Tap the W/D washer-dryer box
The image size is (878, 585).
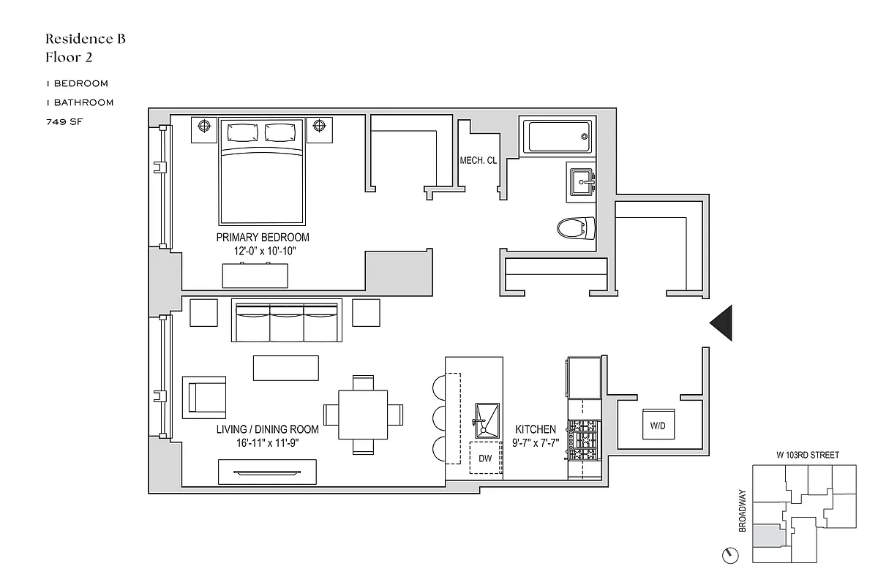tap(658, 425)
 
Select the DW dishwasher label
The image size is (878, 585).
tap(485, 458)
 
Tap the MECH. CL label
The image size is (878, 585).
tap(479, 161)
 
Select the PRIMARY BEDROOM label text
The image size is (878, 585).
tap(262, 238)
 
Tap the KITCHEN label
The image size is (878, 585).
tap(536, 429)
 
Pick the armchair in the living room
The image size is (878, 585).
tap(204, 396)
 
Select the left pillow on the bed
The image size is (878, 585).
tap(243, 133)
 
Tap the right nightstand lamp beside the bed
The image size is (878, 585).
tap(318, 127)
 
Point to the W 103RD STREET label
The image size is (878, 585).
tap(808, 455)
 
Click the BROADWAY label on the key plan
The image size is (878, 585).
tap(743, 510)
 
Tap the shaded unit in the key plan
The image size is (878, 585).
tap(769, 536)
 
